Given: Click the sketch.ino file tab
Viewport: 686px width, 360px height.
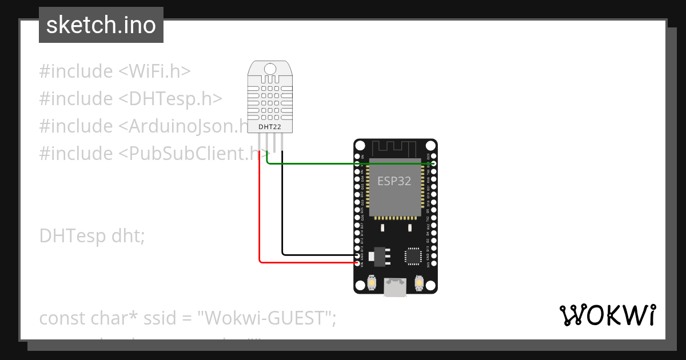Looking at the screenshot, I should [x=101, y=25].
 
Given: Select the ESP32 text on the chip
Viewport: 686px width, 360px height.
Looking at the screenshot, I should [x=394, y=181].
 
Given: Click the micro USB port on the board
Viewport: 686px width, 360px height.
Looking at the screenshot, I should [x=394, y=288].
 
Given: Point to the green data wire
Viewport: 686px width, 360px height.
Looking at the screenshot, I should [x=349, y=164].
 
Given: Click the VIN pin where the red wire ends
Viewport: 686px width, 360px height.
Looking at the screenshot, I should [x=358, y=263].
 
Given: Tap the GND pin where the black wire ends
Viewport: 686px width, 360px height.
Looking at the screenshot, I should [x=358, y=254].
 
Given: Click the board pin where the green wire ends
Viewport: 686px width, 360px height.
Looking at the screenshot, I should [x=433, y=164].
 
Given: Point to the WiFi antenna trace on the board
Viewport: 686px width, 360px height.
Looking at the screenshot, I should [x=395, y=147].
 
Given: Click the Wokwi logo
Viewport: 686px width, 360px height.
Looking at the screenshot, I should [x=607, y=315].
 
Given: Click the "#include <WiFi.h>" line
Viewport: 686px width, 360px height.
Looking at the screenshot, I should [x=114, y=71].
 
